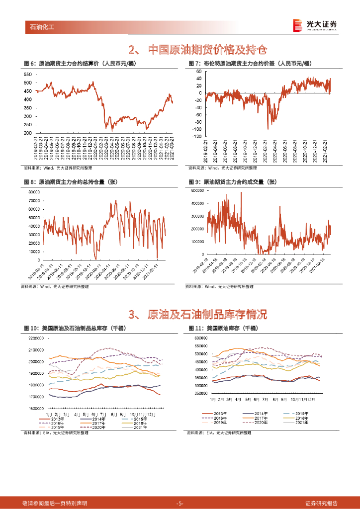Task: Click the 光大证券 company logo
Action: coord(314,25)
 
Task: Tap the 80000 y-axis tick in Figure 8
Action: coord(34,192)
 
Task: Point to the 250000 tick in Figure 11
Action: coord(201,394)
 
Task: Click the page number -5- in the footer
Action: coord(180,503)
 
